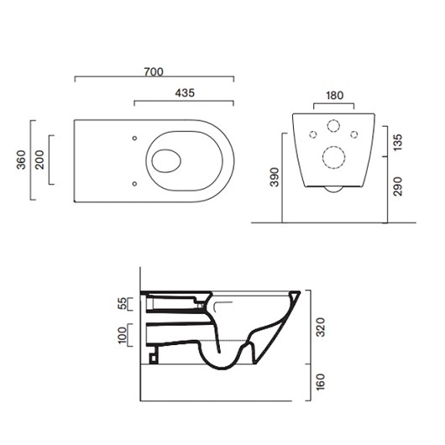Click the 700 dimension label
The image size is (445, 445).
(154, 72)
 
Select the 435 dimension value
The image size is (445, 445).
(185, 93)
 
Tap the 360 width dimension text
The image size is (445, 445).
(21, 160)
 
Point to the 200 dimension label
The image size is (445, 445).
(39, 160)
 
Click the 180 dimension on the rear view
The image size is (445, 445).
(335, 96)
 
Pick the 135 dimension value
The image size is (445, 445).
(398, 142)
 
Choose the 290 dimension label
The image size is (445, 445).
(398, 186)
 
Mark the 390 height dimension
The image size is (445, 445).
(275, 177)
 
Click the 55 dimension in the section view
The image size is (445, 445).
(123, 304)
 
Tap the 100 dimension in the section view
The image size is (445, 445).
(123, 335)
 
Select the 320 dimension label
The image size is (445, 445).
(321, 327)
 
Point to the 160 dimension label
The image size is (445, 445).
(321, 382)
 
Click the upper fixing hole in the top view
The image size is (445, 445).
(135, 139)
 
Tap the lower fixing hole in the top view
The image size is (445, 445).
(135, 184)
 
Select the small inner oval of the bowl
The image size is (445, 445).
(166, 160)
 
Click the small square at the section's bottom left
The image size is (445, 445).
(154, 359)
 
